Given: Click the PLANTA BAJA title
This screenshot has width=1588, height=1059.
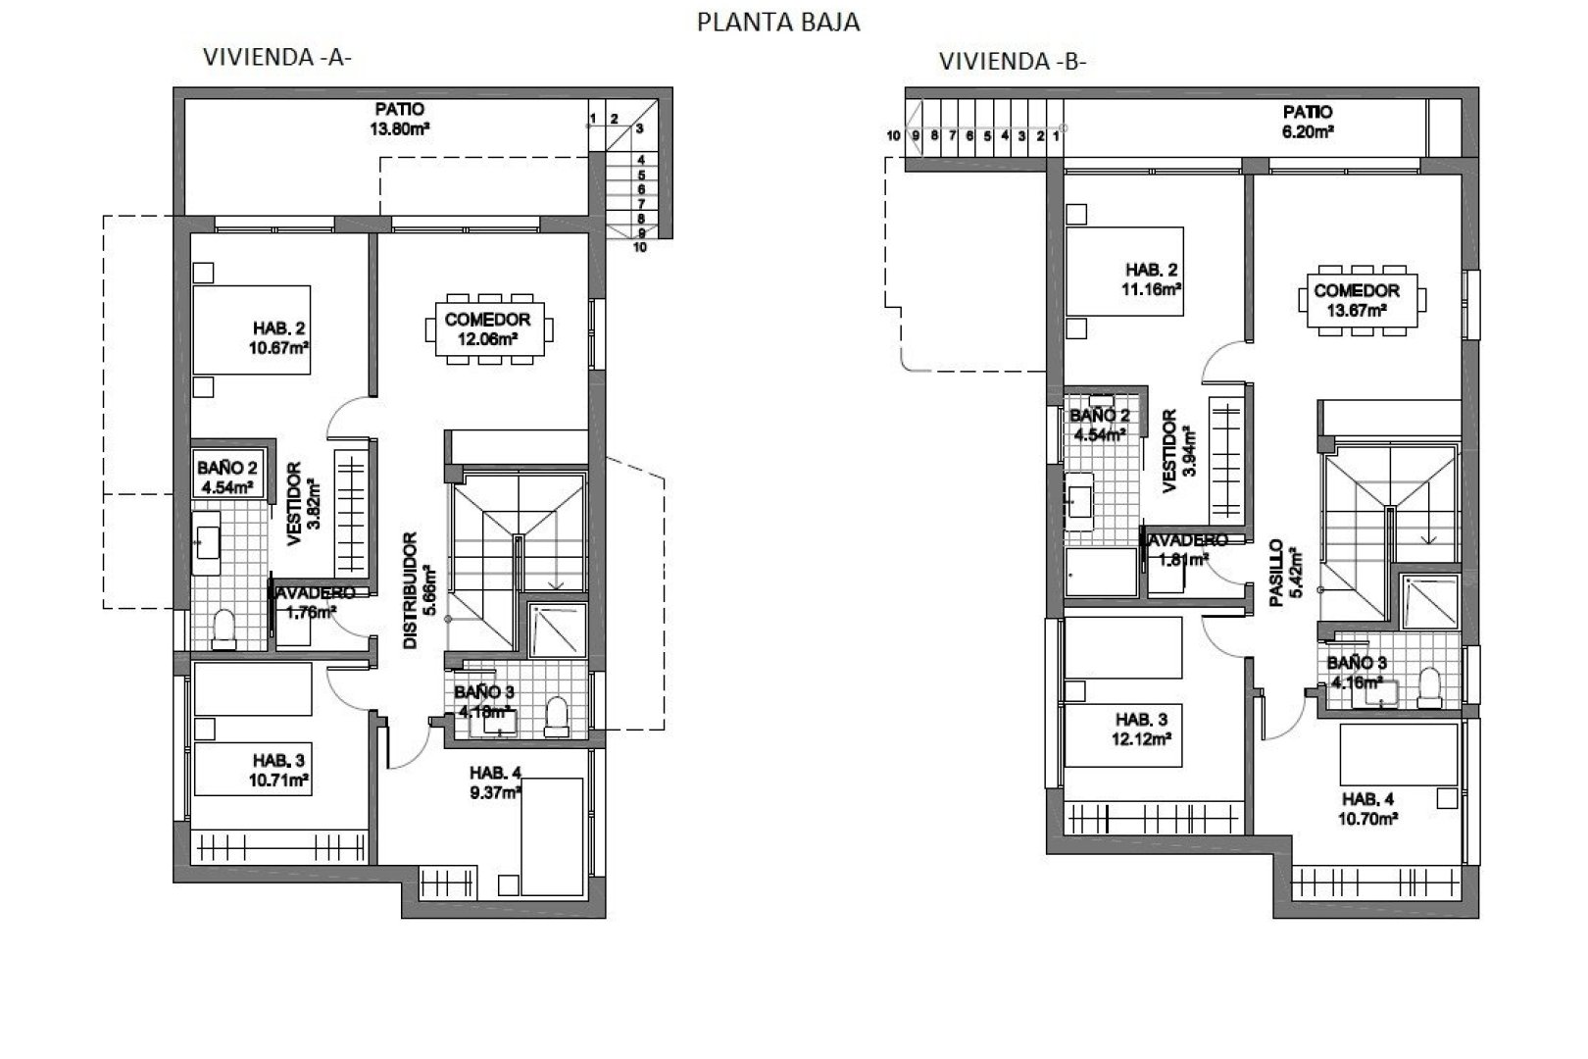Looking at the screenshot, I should [777, 22].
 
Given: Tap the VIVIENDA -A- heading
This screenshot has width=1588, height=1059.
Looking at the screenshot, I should [276, 57].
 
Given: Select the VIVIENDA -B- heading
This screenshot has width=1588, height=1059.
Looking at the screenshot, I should [1013, 61].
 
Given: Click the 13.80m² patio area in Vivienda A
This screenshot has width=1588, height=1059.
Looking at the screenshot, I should [400, 119].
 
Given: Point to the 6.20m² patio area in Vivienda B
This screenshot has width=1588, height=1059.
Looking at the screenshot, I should [1307, 122].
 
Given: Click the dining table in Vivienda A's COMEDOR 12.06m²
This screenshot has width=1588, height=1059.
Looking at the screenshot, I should [487, 328].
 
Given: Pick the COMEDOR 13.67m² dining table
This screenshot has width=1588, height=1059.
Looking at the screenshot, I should [1357, 300].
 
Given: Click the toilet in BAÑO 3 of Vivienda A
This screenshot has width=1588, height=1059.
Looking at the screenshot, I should [556, 716].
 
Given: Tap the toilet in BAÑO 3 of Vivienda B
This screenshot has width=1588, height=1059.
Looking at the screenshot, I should [1429, 686].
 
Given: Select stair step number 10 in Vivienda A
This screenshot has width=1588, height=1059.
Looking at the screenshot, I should [640, 248].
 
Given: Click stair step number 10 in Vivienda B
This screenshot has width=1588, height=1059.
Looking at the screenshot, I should [893, 136].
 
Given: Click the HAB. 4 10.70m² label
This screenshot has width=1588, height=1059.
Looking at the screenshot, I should [1368, 807].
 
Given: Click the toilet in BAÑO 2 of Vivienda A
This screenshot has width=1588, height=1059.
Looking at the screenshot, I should [224, 628].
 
